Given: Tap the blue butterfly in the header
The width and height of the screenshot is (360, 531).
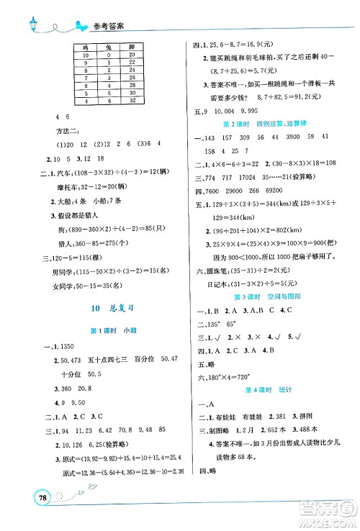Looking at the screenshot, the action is [73, 22].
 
